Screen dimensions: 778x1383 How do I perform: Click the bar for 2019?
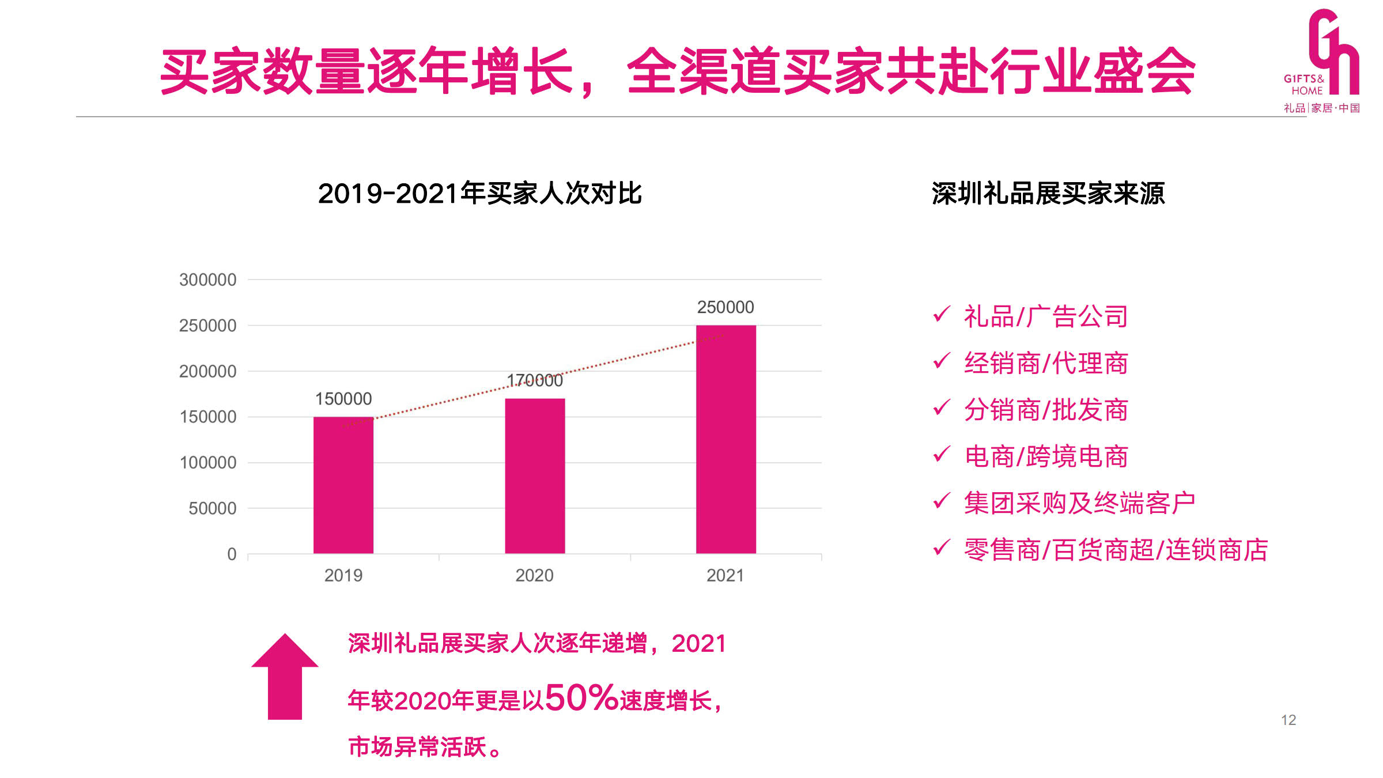coord(343,485)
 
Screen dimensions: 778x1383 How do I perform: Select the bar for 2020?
coord(535,476)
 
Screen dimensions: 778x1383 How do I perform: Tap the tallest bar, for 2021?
coord(725,439)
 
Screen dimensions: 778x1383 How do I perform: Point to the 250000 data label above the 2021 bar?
coord(725,307)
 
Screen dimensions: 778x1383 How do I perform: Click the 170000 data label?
coord(535,380)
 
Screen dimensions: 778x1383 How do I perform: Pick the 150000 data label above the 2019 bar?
coord(343,399)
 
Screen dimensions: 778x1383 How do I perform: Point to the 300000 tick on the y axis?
coord(207,280)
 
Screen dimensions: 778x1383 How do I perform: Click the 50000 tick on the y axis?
coord(212,508)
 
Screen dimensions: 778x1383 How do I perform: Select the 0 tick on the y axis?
coord(232,554)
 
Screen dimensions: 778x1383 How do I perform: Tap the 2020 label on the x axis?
coord(534,575)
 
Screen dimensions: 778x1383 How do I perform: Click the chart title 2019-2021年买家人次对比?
coord(479,194)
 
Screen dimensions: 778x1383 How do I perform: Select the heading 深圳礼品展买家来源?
coord(1048,194)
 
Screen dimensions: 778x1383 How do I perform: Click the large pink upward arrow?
coord(285,677)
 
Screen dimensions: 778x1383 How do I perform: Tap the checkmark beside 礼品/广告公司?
coord(941,315)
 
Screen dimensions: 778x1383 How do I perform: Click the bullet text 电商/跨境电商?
coord(1046,456)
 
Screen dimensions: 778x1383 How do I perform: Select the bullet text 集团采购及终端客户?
coord(1079,503)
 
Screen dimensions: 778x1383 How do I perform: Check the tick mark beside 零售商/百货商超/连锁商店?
coord(941,547)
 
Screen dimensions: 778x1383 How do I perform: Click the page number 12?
coord(1288,720)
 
